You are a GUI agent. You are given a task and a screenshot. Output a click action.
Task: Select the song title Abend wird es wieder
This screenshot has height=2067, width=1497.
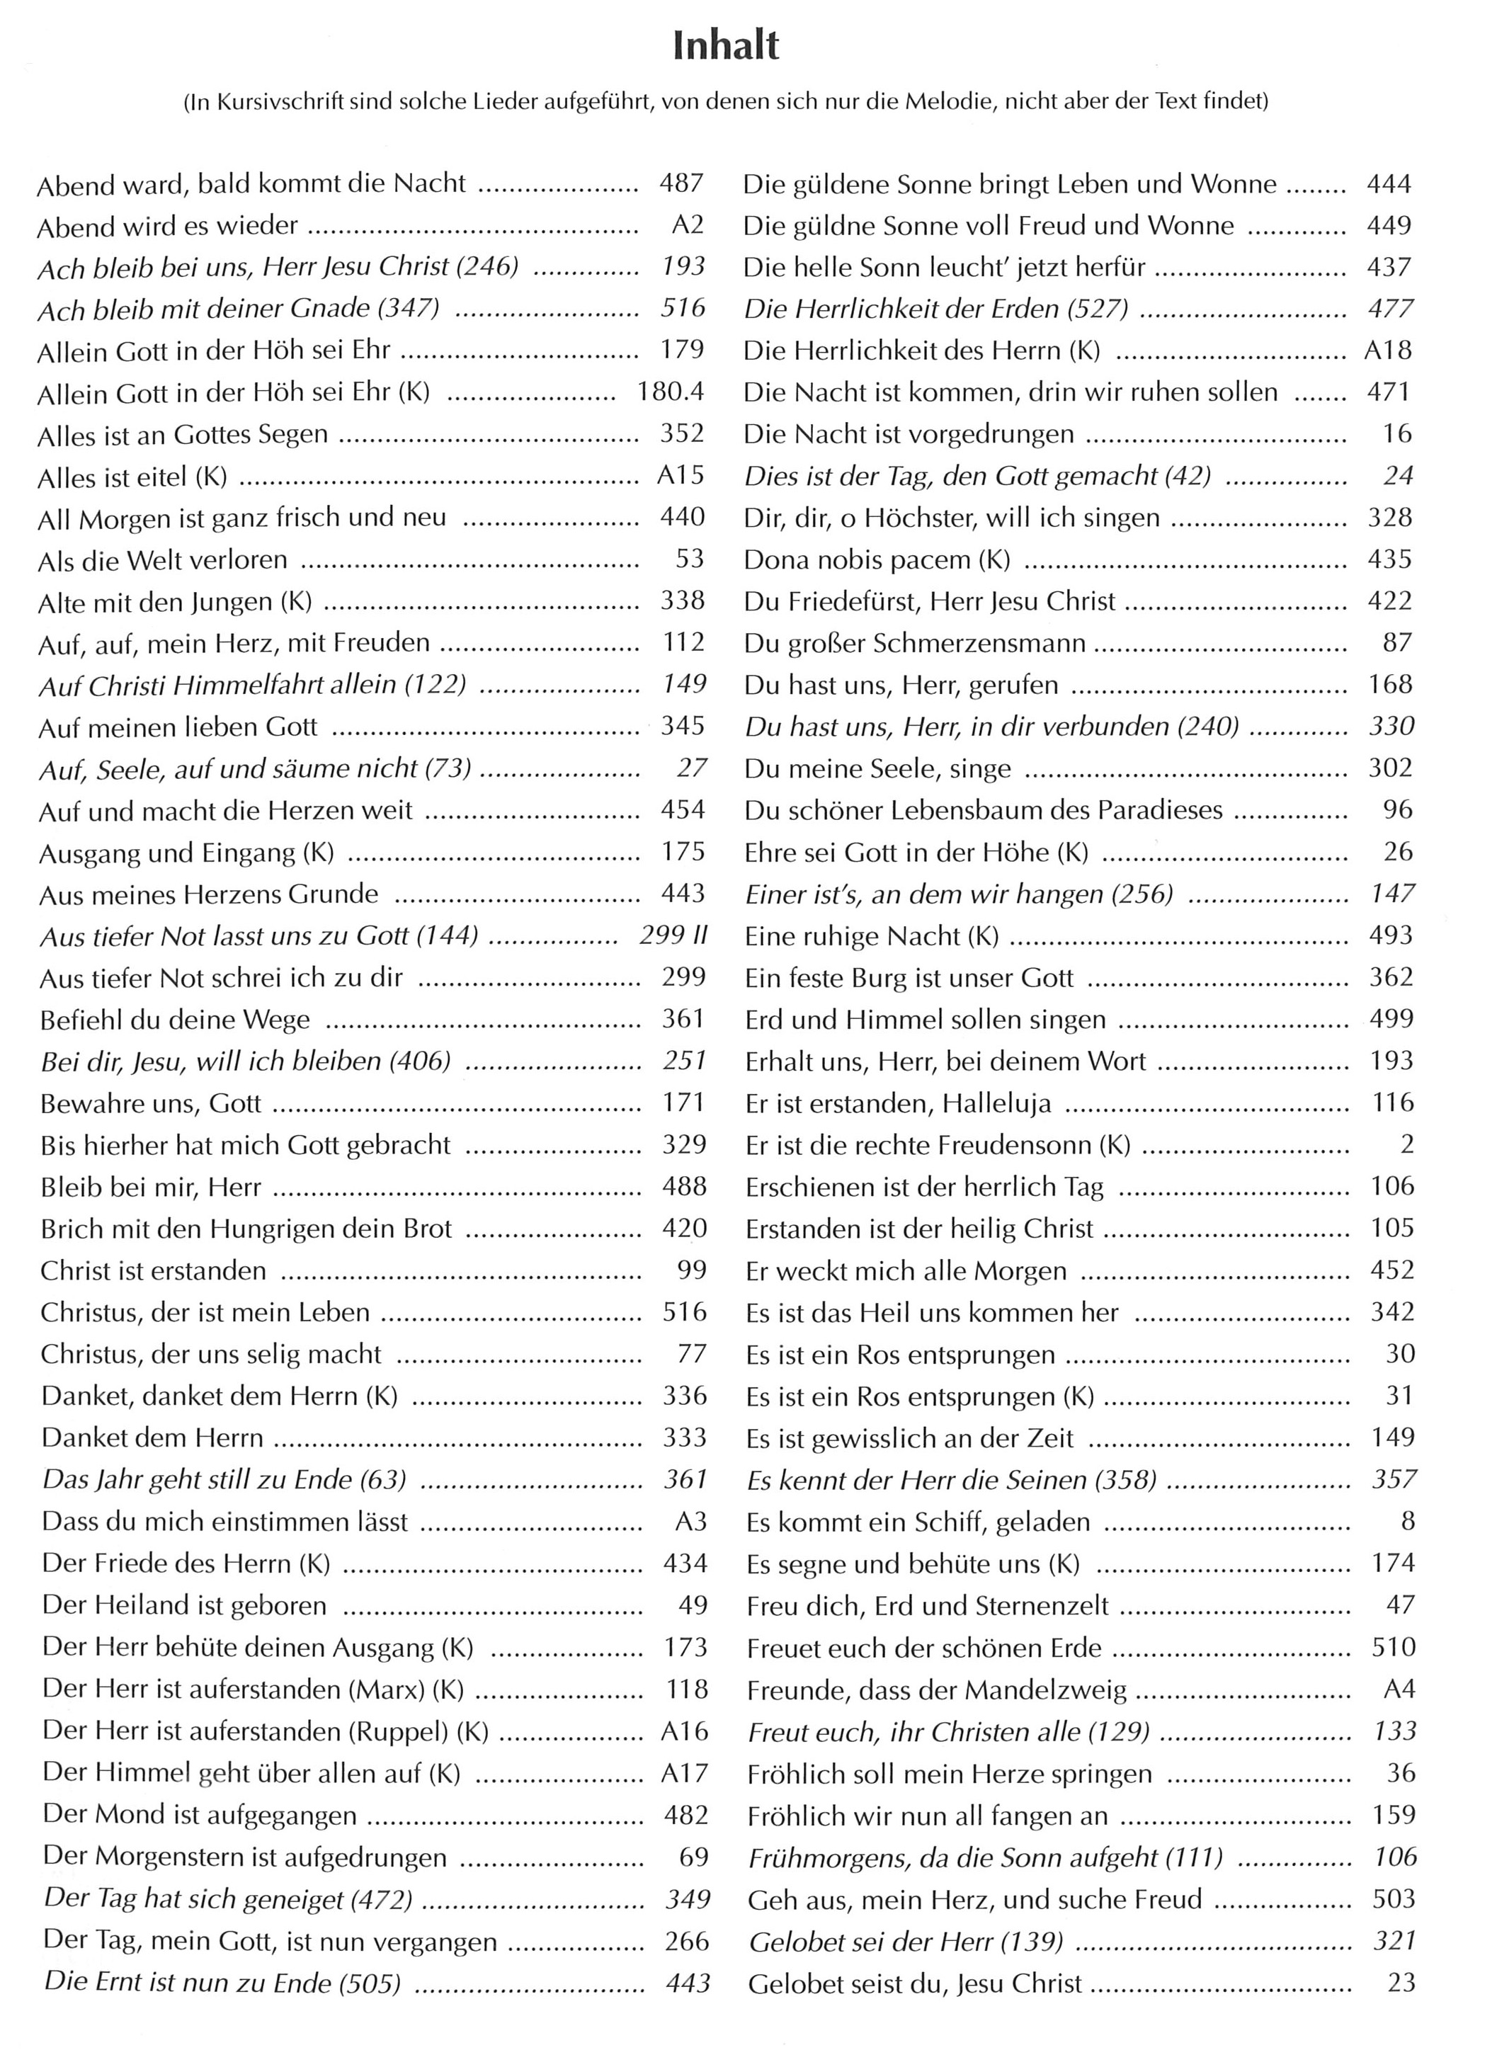[168, 226]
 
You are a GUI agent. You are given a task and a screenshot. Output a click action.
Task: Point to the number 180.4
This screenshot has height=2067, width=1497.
[671, 392]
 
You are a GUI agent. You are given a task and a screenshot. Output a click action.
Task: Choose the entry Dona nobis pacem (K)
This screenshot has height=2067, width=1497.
[877, 559]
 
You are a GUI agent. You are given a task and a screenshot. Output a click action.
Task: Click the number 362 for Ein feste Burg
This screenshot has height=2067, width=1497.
[1391, 977]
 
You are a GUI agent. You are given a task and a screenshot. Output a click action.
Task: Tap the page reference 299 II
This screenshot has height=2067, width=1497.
[673, 935]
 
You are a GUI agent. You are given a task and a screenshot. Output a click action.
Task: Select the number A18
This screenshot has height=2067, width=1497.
[1388, 350]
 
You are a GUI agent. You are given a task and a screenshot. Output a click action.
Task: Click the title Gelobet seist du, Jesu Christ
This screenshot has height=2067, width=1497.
[915, 1984]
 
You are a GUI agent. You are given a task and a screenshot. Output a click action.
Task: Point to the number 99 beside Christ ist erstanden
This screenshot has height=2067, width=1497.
[693, 1270]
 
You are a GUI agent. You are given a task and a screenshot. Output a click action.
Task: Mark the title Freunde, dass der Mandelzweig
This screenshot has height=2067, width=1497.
[937, 1690]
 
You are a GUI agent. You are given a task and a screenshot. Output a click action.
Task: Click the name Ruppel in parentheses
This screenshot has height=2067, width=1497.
[406, 1731]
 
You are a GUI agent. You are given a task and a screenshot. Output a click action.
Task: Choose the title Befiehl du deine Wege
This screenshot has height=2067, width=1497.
[175, 1020]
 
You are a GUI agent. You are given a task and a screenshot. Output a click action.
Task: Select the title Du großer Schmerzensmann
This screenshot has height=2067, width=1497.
[915, 644]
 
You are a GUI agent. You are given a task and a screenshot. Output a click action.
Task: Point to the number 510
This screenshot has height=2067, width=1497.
[1393, 1648]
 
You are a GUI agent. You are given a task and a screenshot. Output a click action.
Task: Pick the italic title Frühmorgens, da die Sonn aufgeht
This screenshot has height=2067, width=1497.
[984, 1858]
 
